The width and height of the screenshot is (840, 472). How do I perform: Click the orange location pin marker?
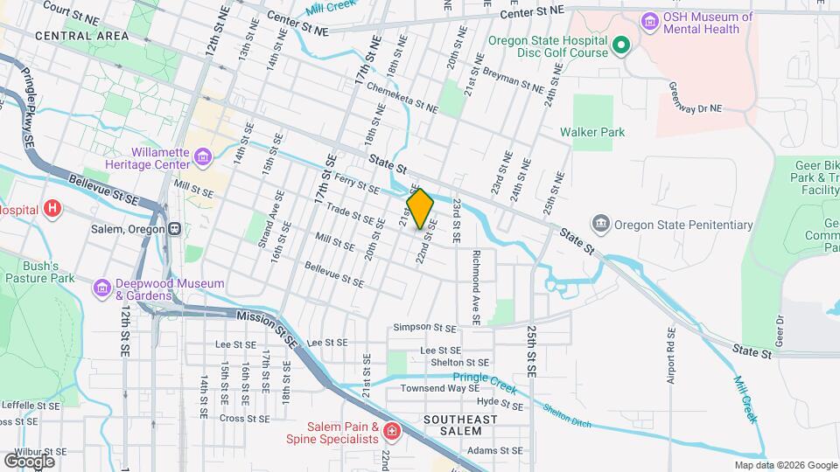[420, 209]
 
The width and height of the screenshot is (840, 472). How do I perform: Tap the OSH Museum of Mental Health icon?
[649, 20]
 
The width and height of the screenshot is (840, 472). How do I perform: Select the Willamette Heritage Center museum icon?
[204, 157]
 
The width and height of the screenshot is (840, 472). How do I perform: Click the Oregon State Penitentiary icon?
[601, 224]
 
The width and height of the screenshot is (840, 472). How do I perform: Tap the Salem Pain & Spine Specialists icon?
[392, 430]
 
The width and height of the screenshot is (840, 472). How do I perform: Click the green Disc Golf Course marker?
[620, 45]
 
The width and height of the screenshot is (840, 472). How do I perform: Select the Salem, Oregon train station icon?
[175, 229]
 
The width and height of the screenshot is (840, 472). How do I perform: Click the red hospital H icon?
[53, 209]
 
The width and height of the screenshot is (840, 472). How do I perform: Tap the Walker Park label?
[593, 133]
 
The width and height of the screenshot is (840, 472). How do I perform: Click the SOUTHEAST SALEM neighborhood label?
[460, 426]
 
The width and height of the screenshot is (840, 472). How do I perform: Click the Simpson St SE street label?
[424, 328]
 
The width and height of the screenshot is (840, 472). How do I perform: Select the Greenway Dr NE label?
[696, 98]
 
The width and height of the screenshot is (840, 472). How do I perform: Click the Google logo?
[29, 461]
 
